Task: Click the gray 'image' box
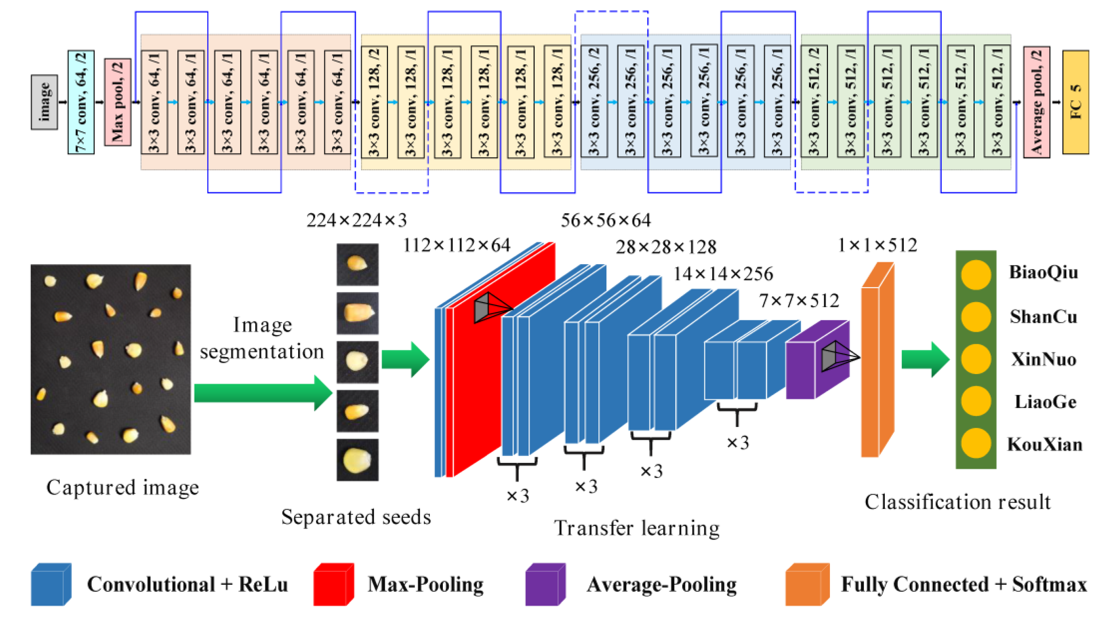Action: (x=44, y=102)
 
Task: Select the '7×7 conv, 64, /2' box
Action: (x=81, y=102)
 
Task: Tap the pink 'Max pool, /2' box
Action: (x=117, y=102)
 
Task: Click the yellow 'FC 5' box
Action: (x=1075, y=102)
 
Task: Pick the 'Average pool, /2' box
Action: (x=1036, y=102)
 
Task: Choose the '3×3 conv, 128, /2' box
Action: (x=374, y=102)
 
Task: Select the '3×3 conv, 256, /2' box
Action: (x=594, y=102)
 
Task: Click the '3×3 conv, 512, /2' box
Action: (x=814, y=102)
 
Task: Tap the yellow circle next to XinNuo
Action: (x=976, y=359)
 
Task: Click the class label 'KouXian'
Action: (x=1045, y=445)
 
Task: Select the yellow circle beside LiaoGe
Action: (x=976, y=402)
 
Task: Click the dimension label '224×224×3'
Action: (x=357, y=221)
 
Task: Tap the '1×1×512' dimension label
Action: (x=877, y=246)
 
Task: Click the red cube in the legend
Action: (x=333, y=584)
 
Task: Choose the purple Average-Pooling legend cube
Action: (x=545, y=584)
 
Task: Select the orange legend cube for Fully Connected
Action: (x=807, y=584)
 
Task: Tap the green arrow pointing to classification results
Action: (x=925, y=359)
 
